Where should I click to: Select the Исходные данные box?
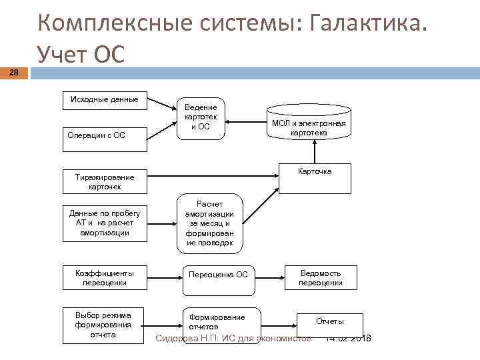(x=105, y=100)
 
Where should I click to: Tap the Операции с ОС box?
(x=105, y=135)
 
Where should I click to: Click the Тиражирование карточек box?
(x=105, y=181)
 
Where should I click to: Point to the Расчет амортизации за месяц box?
(x=210, y=223)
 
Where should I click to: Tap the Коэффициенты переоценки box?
(x=105, y=278)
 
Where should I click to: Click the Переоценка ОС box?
(x=218, y=275)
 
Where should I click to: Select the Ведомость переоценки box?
(x=321, y=278)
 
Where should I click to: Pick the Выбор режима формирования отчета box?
(x=105, y=325)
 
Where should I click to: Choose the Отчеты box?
(x=330, y=322)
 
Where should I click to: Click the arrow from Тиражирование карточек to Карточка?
(x=213, y=176)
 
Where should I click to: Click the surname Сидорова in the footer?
(x=177, y=339)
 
